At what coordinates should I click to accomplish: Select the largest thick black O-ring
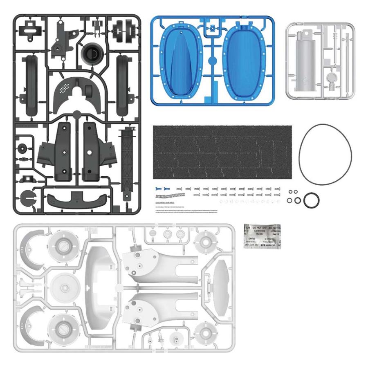pos(312,200)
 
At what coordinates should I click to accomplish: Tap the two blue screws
pos(162,189)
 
